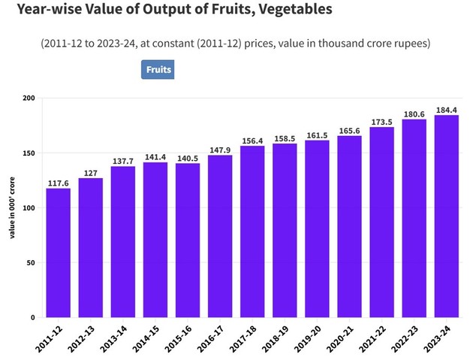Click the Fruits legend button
point(158,70)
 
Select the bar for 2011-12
point(58,253)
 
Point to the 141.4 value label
point(155,156)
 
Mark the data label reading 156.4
point(252,140)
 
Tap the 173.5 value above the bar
point(381,121)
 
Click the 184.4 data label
point(447,110)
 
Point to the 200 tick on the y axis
point(29,98)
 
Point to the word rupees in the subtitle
point(407,44)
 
